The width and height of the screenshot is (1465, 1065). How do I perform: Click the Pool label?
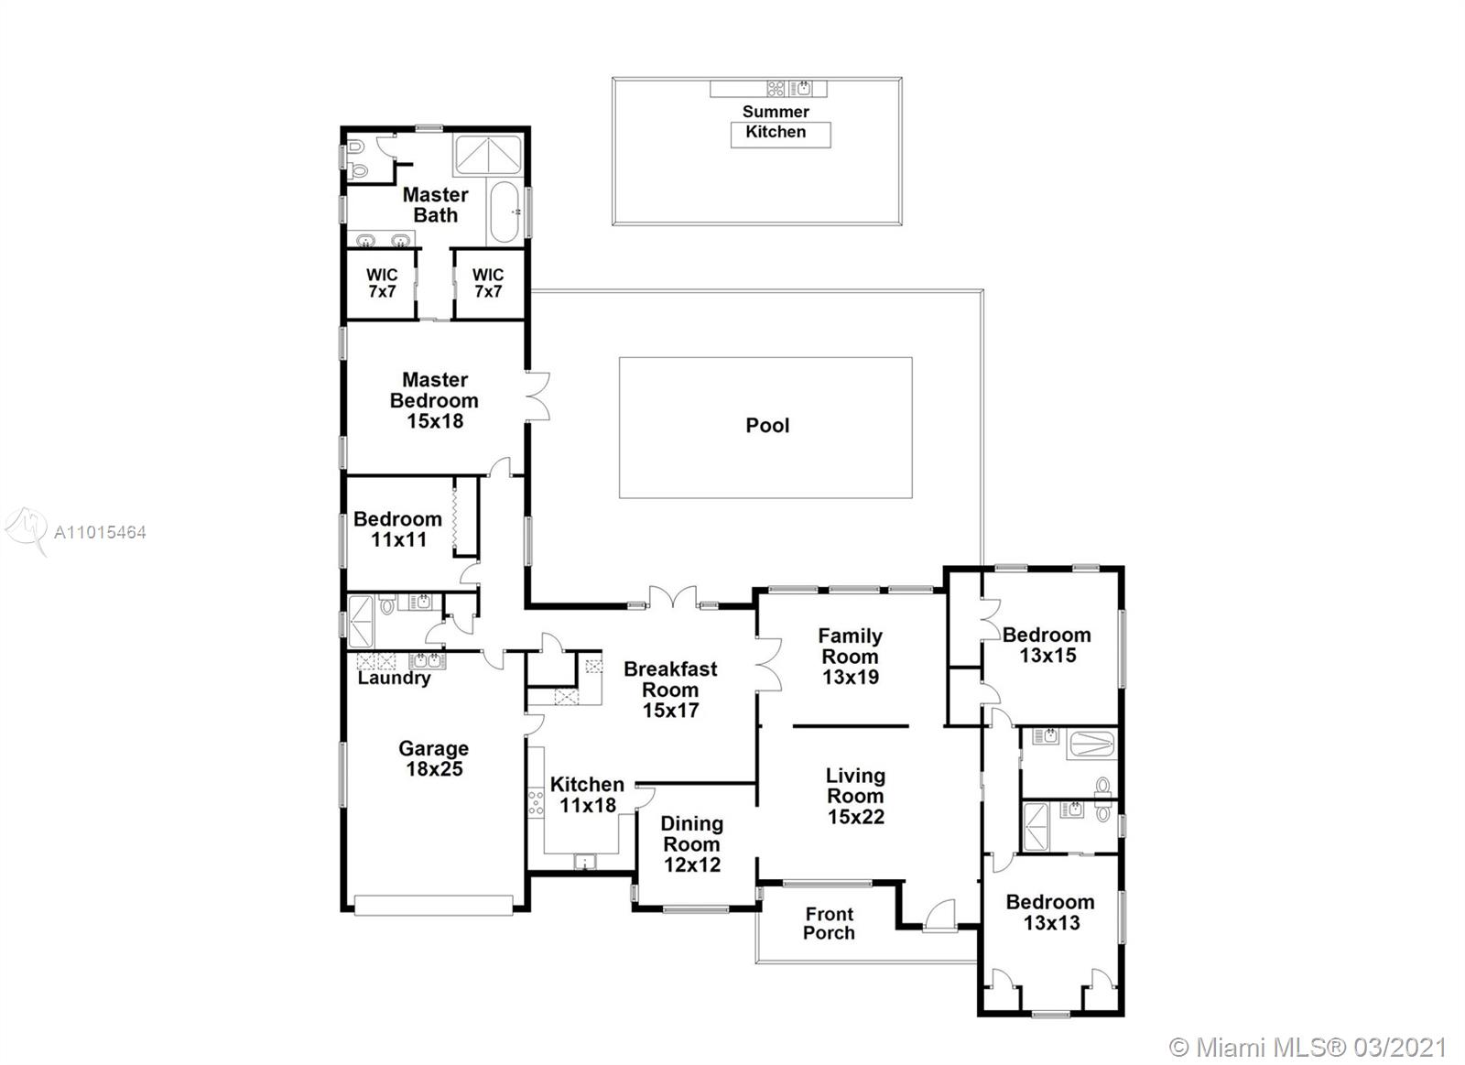(x=767, y=426)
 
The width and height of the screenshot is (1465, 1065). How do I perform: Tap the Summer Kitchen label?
(x=776, y=122)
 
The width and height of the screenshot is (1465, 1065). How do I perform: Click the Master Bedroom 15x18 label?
(x=434, y=400)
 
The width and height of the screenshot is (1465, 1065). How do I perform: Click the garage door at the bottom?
(x=434, y=906)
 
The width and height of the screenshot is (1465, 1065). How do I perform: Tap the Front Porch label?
(x=829, y=923)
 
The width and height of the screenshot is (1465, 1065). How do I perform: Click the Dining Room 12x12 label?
(x=692, y=844)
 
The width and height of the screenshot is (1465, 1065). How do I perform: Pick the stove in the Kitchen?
(x=536, y=802)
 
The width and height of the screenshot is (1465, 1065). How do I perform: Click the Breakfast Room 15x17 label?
(x=670, y=690)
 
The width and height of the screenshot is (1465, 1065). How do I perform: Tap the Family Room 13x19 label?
(x=851, y=657)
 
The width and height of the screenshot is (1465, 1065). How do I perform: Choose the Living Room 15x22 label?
(x=855, y=796)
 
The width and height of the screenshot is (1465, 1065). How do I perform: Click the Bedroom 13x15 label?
(x=1047, y=645)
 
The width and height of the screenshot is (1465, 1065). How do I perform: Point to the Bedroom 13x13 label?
(x=1050, y=913)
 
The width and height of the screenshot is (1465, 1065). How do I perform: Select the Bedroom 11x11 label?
(x=397, y=529)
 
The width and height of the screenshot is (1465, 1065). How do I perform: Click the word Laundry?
(x=394, y=678)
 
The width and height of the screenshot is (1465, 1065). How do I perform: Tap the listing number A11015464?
(x=100, y=533)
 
